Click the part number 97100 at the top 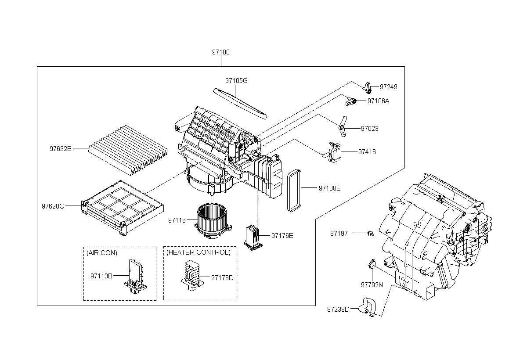220,52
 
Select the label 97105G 236,81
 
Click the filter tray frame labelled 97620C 123,208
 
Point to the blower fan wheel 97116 213,221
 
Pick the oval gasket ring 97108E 294,190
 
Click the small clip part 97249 368,88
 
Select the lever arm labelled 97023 343,126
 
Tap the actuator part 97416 333,152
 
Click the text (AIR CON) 101,253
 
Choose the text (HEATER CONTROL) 199,252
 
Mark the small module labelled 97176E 253,238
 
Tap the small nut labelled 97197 371,234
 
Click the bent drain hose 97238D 367,307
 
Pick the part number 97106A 378,101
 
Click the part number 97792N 372,285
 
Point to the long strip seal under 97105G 240,104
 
